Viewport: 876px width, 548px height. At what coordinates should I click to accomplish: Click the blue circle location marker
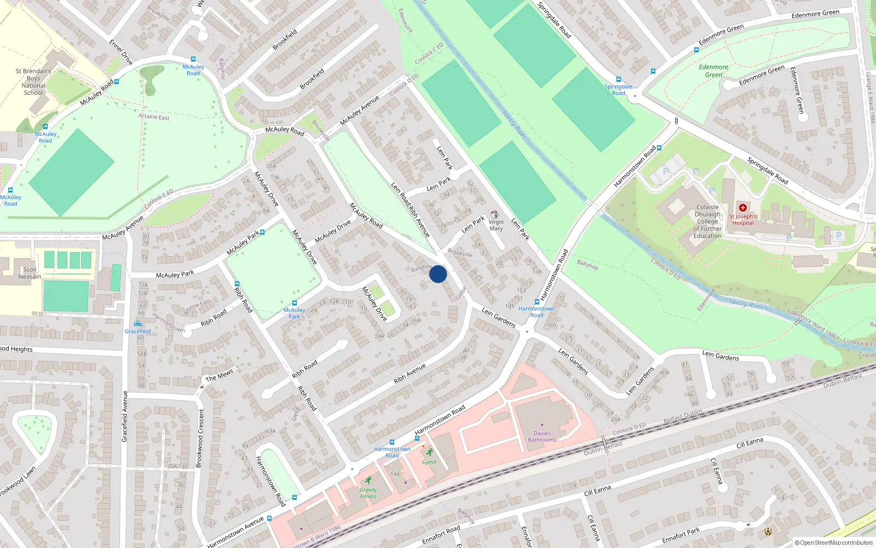[438, 274]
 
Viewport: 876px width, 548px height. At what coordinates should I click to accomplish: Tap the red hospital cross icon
[743, 208]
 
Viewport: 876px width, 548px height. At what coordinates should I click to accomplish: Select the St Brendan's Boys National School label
[33, 82]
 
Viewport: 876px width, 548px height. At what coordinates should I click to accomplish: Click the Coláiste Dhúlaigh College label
[707, 221]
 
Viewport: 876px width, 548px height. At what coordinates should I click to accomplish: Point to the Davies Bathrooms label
[542, 436]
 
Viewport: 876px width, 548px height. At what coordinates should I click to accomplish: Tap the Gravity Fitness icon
[368, 480]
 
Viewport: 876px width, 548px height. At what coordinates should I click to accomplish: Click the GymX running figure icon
[430, 452]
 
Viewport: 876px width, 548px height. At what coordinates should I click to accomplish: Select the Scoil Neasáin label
[30, 273]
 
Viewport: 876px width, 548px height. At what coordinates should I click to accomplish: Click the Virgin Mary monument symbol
[495, 214]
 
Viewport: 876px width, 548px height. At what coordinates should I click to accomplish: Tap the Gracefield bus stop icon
[138, 324]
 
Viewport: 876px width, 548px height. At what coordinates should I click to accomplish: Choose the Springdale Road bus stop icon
[619, 79]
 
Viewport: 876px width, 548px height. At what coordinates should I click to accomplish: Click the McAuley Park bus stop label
[295, 313]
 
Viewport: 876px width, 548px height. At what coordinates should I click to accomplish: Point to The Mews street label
[219, 375]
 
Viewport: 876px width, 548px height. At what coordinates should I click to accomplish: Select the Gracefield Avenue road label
[125, 416]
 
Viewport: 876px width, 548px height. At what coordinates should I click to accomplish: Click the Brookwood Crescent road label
[200, 438]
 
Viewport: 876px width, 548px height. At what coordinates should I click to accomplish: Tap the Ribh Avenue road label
[410, 373]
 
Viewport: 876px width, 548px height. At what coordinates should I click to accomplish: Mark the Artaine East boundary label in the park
[154, 117]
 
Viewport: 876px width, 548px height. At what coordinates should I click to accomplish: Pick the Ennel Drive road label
[121, 52]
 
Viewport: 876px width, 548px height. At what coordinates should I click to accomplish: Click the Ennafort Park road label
[681, 535]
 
